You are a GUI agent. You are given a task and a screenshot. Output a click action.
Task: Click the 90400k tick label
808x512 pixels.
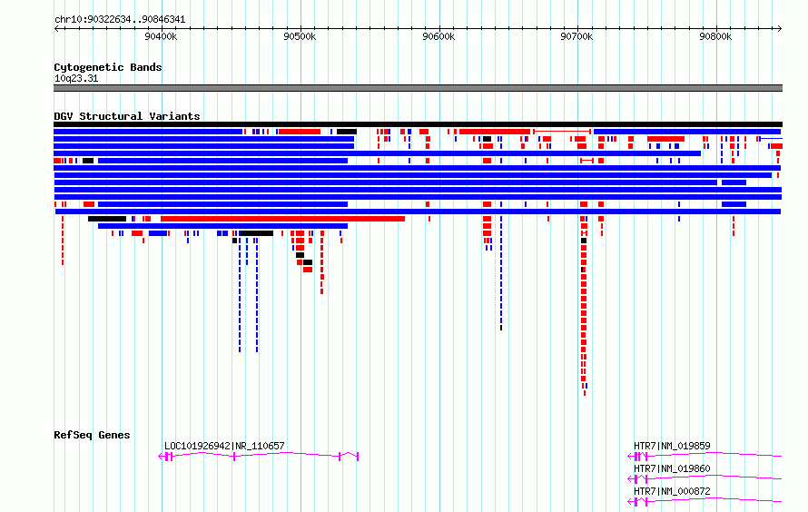click(x=161, y=36)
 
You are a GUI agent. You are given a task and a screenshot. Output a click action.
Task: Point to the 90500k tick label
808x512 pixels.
click(x=300, y=36)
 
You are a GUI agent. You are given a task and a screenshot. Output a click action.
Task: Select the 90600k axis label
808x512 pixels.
click(x=438, y=36)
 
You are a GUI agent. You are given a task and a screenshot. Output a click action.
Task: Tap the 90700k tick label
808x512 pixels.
click(x=576, y=36)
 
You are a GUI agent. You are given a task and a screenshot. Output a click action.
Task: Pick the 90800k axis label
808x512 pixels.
click(x=715, y=36)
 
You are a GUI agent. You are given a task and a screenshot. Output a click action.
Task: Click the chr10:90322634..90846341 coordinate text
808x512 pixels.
click(x=120, y=20)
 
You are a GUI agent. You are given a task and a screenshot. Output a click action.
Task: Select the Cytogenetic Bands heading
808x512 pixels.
click(x=108, y=67)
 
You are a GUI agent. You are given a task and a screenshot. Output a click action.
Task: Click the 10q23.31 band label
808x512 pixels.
click(x=76, y=78)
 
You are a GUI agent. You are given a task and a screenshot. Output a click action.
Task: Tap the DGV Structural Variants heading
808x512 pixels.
click(x=127, y=116)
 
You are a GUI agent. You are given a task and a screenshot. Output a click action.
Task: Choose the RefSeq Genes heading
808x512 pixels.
click(x=92, y=435)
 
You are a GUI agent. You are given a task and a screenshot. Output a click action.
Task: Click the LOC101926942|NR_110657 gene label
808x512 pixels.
click(x=224, y=446)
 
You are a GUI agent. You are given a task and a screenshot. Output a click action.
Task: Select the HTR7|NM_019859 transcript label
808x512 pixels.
click(x=672, y=446)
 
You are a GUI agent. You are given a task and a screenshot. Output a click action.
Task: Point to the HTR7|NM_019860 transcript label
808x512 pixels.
click(x=672, y=468)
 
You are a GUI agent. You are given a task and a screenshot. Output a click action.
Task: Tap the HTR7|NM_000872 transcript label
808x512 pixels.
click(x=672, y=491)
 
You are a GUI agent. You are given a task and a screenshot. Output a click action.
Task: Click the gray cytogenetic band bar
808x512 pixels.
click(x=418, y=88)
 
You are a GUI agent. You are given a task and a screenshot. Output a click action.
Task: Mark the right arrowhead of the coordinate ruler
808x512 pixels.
click(x=781, y=29)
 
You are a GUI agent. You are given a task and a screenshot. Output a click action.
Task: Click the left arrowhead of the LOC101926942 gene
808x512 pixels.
click(x=160, y=457)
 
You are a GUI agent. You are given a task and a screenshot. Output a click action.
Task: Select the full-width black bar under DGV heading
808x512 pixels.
click(x=418, y=124)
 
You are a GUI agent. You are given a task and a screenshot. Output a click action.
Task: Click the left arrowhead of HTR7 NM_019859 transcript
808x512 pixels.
click(x=630, y=457)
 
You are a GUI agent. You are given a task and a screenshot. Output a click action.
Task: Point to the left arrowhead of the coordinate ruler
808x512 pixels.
click(x=55, y=29)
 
